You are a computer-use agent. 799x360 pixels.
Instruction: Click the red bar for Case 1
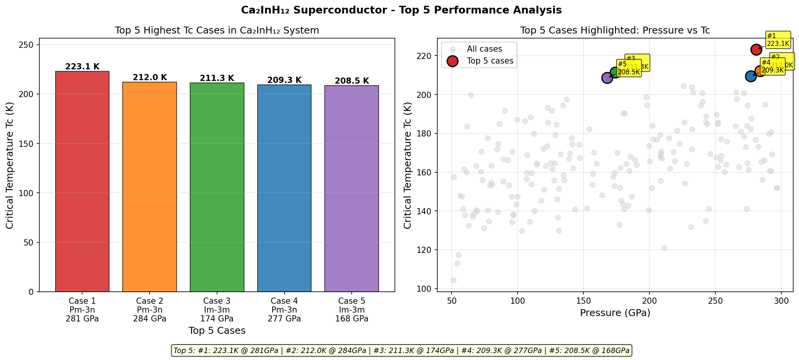[x=82, y=181]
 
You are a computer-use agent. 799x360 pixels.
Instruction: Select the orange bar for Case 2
[x=150, y=187]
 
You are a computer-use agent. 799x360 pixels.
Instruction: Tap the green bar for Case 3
[x=217, y=187]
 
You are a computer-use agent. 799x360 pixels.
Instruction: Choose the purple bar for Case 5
[x=352, y=188]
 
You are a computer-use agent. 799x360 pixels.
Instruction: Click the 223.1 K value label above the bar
[x=82, y=67]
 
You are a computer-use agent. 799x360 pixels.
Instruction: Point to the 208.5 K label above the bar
[x=352, y=81]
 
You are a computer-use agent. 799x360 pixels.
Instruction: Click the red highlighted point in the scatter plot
[x=756, y=49]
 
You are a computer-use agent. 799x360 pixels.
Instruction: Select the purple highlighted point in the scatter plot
[x=607, y=78]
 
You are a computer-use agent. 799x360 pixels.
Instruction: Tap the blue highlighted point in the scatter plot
[x=750, y=76]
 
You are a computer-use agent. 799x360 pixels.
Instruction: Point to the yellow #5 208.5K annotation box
[x=629, y=68]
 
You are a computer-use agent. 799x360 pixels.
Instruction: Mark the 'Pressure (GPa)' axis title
[x=615, y=313]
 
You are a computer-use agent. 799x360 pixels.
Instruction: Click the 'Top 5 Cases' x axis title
[x=217, y=330]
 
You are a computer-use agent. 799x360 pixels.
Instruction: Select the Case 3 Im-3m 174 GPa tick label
[x=217, y=310]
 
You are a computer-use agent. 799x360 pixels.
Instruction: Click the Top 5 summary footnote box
[x=401, y=350]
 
